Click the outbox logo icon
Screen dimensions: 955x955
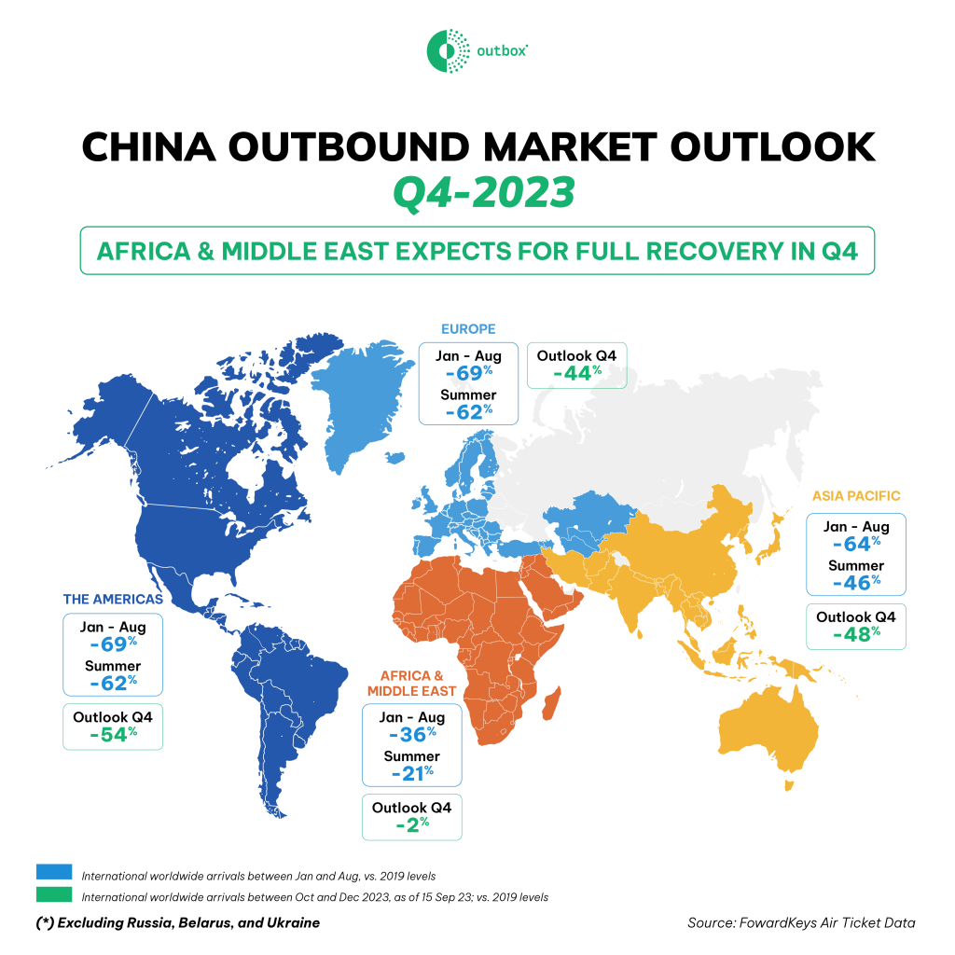click(x=446, y=49)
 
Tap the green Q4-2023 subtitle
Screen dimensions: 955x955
click(x=477, y=194)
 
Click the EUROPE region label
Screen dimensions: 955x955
click(x=468, y=328)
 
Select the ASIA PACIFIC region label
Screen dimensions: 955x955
click(x=856, y=496)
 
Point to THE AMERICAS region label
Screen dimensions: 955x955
click(x=113, y=599)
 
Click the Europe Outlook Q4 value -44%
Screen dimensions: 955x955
click(x=576, y=374)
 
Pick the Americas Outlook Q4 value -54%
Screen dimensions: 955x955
click(x=113, y=734)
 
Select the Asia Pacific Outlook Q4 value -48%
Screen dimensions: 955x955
click(x=855, y=635)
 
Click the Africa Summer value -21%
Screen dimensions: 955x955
click(x=411, y=772)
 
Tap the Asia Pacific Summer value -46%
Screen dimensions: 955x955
click(x=855, y=583)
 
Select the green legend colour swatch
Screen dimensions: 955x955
click(x=54, y=895)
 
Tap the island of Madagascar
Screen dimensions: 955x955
click(x=553, y=703)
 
